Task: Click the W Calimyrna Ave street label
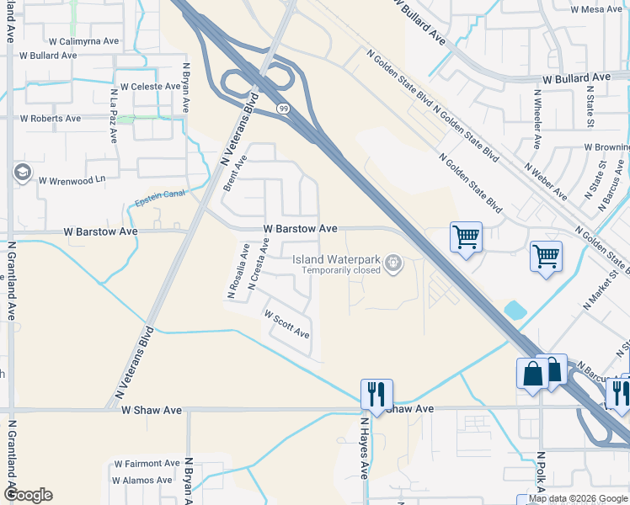[x=83, y=40]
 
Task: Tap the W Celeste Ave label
[x=150, y=87]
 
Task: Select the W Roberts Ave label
[x=51, y=119]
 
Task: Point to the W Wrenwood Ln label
[x=76, y=179]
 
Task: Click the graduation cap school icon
[x=22, y=173]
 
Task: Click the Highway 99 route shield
[x=284, y=109]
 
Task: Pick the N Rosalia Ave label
[x=238, y=272]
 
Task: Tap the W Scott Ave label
[x=287, y=324]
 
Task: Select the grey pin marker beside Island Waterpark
[x=392, y=265]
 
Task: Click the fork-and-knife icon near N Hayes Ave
[x=375, y=392]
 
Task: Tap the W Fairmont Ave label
[x=147, y=463]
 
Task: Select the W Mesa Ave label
[x=595, y=10]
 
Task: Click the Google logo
[x=27, y=495]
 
